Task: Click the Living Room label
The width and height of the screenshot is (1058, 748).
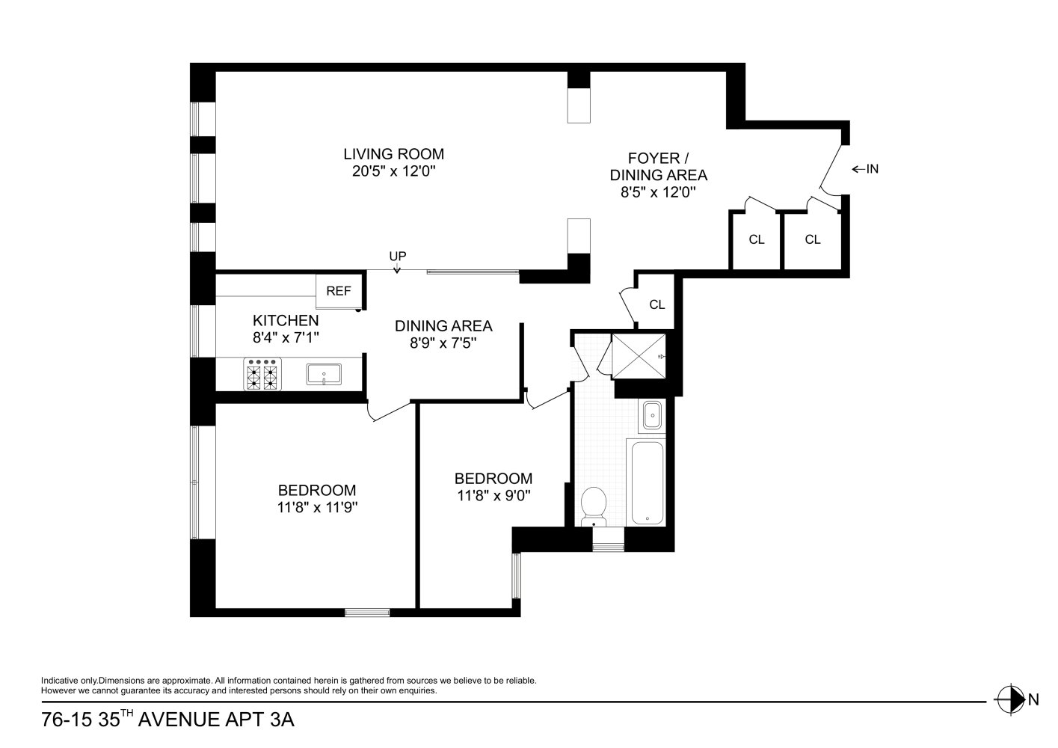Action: pos(393,154)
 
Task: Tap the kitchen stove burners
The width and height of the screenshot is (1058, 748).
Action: pos(262,374)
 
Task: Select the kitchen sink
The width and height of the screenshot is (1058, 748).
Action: pos(324,374)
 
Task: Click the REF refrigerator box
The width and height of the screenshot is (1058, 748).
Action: pos(339,291)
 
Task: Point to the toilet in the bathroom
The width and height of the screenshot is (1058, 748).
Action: pos(594,506)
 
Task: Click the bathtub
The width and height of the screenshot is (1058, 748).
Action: pos(647,482)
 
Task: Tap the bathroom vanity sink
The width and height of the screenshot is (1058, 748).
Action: pos(652,416)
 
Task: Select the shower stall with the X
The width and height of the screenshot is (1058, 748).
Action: pos(639,356)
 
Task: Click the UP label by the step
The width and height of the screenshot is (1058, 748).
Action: pos(397,256)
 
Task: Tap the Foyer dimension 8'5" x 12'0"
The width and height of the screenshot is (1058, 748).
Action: pos(659,192)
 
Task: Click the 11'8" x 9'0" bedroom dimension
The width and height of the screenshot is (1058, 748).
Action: pos(493,496)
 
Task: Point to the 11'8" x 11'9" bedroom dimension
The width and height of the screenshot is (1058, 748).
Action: pos(317,507)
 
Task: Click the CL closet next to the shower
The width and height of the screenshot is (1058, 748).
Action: pos(657,304)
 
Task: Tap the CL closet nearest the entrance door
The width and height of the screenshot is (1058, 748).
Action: pos(813,239)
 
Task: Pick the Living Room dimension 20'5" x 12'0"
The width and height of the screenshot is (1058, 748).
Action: pos(393,171)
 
